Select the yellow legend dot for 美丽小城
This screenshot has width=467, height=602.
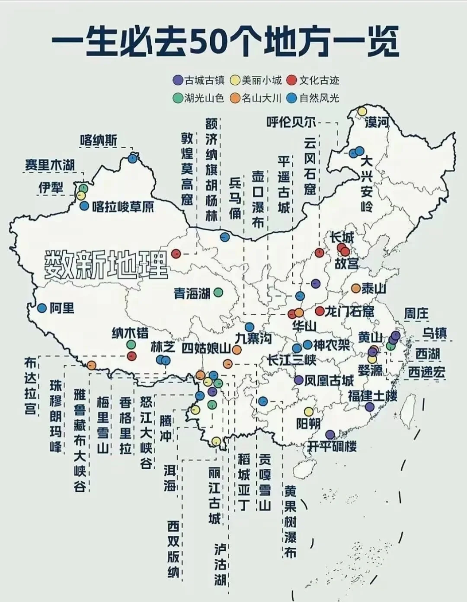point(235,80)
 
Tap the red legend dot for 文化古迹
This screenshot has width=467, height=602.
point(292,80)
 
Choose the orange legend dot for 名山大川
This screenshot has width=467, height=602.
point(235,98)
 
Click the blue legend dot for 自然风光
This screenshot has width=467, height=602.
point(292,98)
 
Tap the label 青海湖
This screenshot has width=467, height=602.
point(192,293)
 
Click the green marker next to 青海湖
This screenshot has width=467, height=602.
point(218,293)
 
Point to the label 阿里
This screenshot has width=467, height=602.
point(62,308)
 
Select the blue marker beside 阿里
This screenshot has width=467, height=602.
point(42,308)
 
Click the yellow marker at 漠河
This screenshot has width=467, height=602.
point(362,111)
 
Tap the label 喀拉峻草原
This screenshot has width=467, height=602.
point(123,207)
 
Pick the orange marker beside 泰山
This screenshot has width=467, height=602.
point(355,288)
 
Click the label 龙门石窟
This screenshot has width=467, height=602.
point(349,311)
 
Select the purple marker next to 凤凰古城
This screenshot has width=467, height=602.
point(298,380)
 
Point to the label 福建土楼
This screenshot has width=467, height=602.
point(372,395)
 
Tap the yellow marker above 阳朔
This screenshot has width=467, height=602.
point(308,411)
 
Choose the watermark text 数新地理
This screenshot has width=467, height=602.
point(106,264)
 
